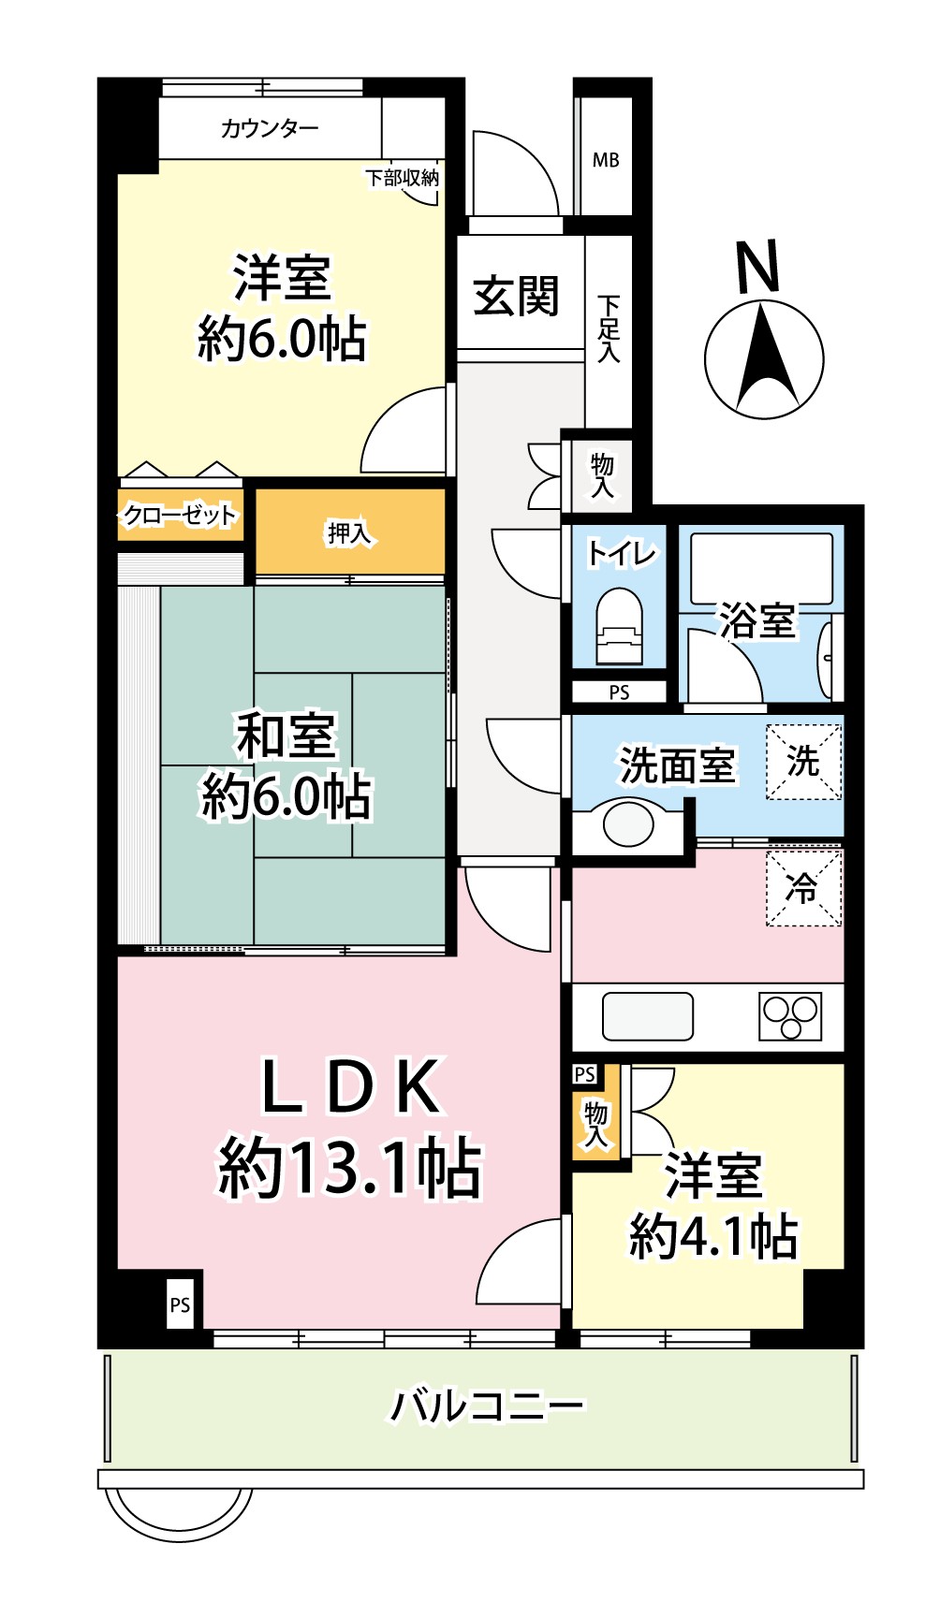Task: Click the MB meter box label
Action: [x=605, y=160]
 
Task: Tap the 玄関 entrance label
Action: [x=516, y=296]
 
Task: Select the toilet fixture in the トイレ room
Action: [x=620, y=627]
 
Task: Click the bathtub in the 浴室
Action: [x=761, y=569]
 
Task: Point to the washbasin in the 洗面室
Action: [x=628, y=823]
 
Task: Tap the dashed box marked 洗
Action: [x=803, y=762]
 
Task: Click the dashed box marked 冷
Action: [x=803, y=887]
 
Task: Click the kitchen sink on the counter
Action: [x=647, y=1016]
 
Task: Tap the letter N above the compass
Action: [x=757, y=267]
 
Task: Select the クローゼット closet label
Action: [x=181, y=515]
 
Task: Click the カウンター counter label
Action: [x=270, y=129]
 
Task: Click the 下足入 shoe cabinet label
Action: [x=608, y=328]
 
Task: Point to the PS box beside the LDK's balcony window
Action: [x=180, y=1305]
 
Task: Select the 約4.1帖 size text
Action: [x=713, y=1238]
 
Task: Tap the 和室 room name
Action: [x=286, y=735]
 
